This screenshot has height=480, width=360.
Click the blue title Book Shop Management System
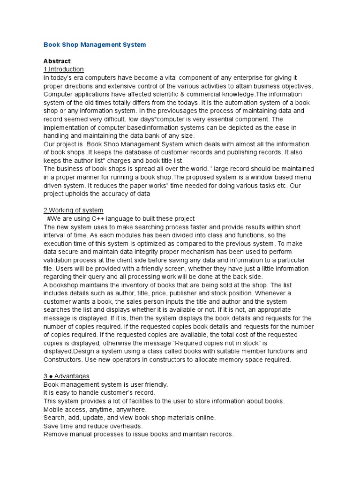pyautogui.click(x=94, y=45)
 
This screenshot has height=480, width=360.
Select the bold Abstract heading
pyautogui.click(x=57, y=61)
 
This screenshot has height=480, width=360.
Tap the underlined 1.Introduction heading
pyautogui.click(x=63, y=69)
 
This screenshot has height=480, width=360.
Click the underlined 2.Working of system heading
pyautogui.click(x=73, y=210)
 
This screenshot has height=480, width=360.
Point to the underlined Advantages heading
pyautogui.click(x=72, y=376)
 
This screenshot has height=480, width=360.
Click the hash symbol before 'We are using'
pyautogui.click(x=49, y=218)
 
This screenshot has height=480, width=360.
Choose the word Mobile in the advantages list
pyautogui.click(x=53, y=409)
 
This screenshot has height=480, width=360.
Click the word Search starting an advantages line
pyautogui.click(x=54, y=417)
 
